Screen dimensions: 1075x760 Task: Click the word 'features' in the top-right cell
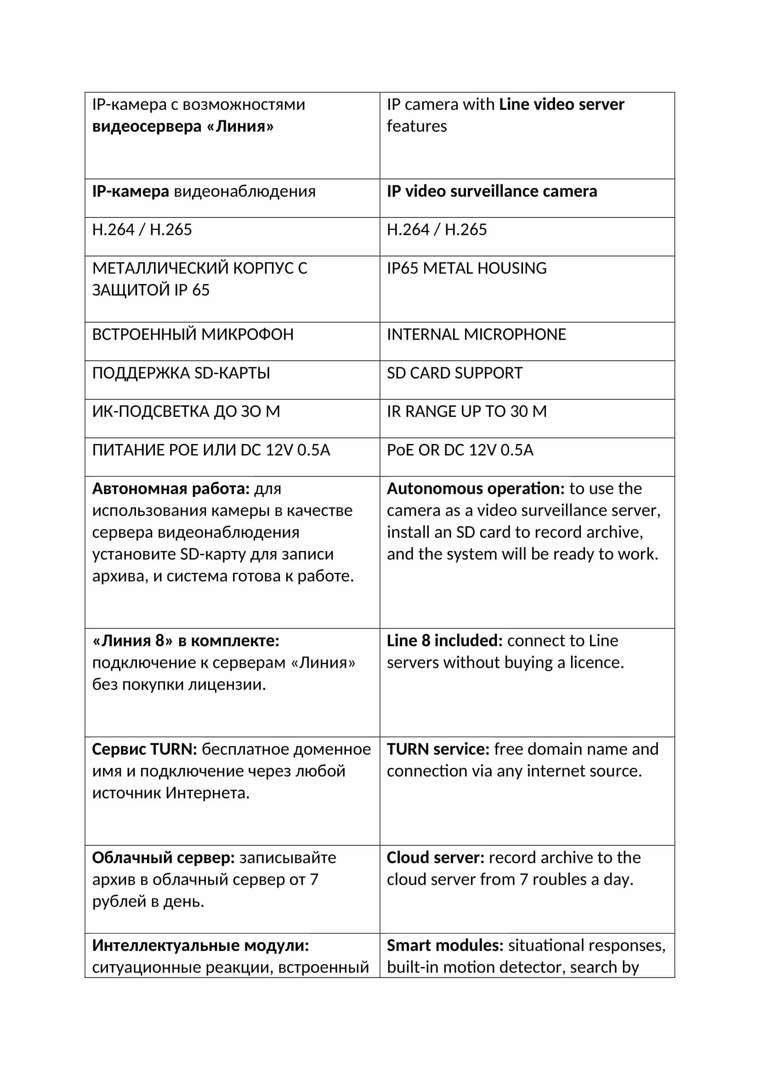pos(416,126)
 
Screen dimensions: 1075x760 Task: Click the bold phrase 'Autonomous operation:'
pos(476,489)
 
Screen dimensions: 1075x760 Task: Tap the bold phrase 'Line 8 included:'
pos(444,641)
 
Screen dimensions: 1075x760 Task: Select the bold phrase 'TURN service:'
pos(437,749)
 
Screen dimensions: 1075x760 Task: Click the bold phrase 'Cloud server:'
pos(435,858)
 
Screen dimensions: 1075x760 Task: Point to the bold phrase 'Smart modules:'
pos(445,945)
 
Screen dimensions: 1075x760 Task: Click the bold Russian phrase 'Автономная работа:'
pos(171,489)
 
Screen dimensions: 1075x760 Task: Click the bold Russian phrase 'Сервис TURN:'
pos(144,749)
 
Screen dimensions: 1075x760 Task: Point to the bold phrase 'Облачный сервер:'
pos(163,858)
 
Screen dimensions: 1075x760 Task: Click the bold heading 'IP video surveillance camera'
pos(491,192)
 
